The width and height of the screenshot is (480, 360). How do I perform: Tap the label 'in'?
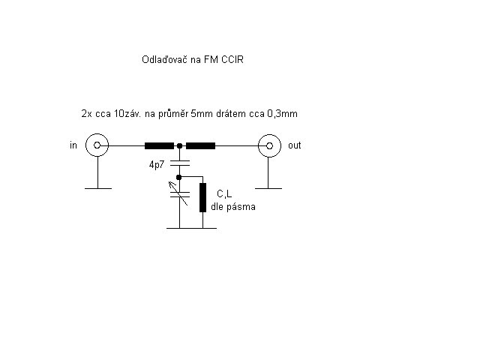point(73,145)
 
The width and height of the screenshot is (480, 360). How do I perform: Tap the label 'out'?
point(295,145)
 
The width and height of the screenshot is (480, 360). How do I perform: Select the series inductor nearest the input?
point(159,145)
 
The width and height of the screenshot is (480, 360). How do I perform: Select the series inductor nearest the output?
point(200,145)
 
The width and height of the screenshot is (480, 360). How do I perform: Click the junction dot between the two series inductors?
point(180,145)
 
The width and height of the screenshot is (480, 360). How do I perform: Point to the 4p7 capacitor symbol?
point(180,163)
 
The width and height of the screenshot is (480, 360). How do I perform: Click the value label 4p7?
point(157,165)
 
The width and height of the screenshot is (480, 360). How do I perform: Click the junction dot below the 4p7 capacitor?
point(179,177)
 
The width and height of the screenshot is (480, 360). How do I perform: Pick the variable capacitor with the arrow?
point(180,193)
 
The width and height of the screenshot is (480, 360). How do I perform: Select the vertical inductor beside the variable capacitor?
point(202,197)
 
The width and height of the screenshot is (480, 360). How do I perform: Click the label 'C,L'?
point(224,193)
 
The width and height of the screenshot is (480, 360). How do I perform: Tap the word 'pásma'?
point(241,207)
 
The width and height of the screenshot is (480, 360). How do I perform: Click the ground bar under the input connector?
point(98,188)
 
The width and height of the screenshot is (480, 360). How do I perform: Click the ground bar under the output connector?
point(268,188)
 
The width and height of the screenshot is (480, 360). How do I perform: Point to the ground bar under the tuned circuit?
point(192,228)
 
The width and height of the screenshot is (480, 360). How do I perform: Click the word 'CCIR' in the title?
point(232,59)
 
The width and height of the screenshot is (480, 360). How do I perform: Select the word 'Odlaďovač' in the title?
point(164,59)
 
